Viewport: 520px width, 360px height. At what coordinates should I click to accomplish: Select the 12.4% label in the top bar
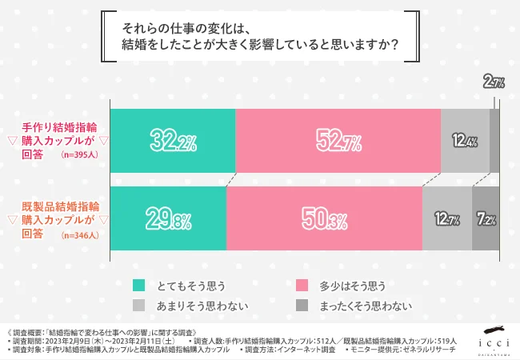pos(465,142)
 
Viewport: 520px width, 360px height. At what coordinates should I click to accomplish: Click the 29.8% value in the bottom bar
pos(169,218)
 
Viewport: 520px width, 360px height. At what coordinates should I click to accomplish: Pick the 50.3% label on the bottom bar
pos(325,218)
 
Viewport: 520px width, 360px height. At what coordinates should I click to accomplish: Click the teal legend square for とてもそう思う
pos(138,284)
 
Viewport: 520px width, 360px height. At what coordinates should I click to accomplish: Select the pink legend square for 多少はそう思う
pos(302,284)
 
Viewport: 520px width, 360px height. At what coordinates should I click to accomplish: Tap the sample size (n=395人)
pos(80,156)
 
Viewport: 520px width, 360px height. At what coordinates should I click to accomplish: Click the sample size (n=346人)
pos(80,234)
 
